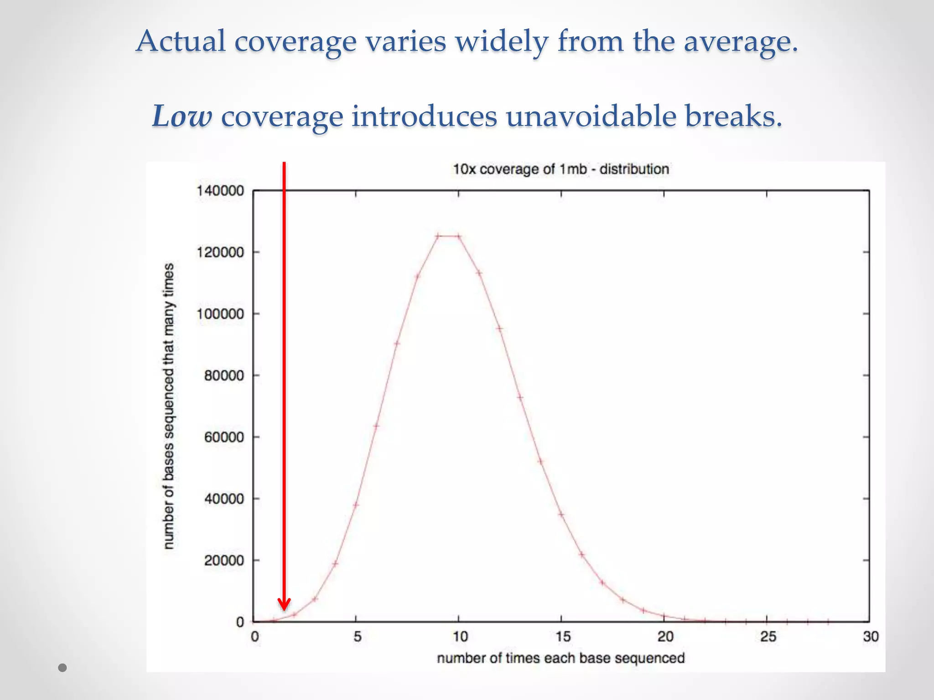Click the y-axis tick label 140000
point(220,190)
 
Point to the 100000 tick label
point(220,314)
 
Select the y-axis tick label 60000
point(224,437)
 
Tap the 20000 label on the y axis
point(224,561)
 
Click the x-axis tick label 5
point(357,637)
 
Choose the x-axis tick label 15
point(562,637)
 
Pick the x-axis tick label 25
point(768,637)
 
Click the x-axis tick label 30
point(870,637)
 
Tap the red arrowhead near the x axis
point(284,604)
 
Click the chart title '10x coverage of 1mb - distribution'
point(560,169)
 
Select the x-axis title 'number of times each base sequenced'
point(560,658)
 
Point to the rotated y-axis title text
point(169,406)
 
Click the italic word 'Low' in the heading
point(182,116)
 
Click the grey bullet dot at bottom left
point(63,668)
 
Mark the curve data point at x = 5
point(356,504)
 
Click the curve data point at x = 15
point(561,515)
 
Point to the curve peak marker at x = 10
point(459,236)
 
